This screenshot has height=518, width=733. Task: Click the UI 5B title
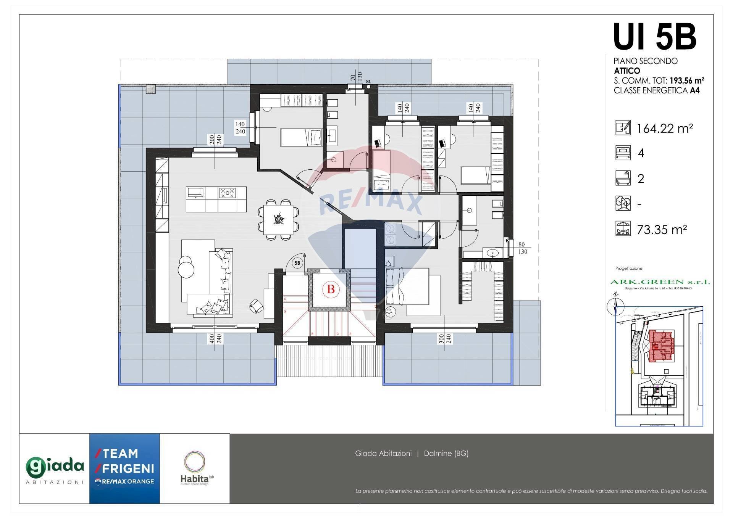[x=654, y=37]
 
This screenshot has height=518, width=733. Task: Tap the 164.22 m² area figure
[x=665, y=129]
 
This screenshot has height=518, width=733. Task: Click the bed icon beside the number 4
[x=623, y=153]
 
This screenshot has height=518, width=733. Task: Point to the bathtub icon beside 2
[x=623, y=178]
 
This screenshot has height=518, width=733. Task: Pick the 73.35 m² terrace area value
[x=662, y=230]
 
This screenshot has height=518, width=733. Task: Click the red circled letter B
[x=331, y=289]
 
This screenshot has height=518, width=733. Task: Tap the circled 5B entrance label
[x=297, y=263]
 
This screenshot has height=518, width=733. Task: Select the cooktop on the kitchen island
[x=227, y=193]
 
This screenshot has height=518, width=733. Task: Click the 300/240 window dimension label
[x=445, y=339]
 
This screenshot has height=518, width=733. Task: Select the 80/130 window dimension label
[x=522, y=248]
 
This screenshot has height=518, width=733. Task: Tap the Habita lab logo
[x=195, y=468]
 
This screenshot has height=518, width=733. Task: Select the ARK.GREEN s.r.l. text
[x=660, y=282]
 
